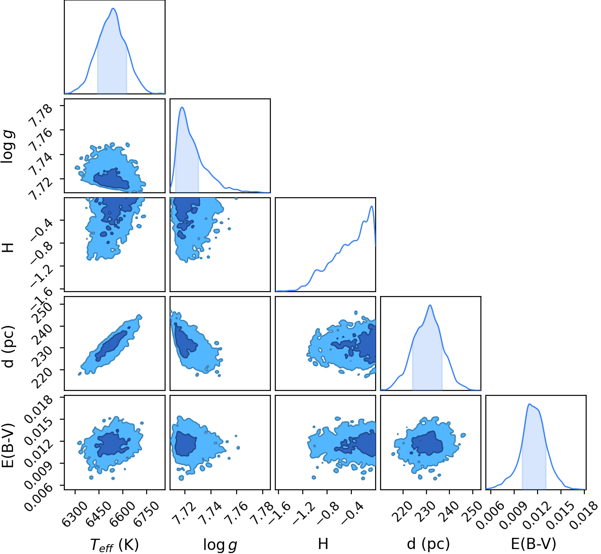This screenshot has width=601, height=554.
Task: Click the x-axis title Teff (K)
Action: [x=114, y=544]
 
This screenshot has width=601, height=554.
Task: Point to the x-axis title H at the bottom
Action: [x=323, y=544]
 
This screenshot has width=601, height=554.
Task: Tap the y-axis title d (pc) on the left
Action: [x=9, y=346]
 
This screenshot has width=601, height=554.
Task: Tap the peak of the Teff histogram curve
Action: [x=113, y=8]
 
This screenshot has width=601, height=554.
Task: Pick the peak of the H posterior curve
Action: [x=372, y=206]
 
